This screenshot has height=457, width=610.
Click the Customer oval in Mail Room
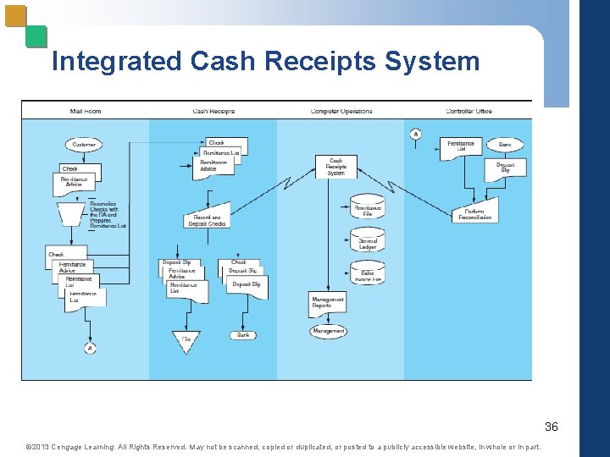(x=84, y=145)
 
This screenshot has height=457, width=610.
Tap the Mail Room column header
(x=86, y=111)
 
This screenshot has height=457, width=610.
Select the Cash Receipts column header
(x=213, y=111)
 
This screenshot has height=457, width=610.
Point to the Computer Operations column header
(x=341, y=111)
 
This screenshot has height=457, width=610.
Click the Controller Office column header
(x=469, y=111)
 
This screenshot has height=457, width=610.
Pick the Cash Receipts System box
(x=336, y=167)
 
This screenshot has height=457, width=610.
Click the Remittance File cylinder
(x=368, y=208)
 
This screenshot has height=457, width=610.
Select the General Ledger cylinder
(x=368, y=242)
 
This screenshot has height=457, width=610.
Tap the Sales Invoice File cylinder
(x=368, y=273)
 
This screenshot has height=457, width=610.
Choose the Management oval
(x=328, y=332)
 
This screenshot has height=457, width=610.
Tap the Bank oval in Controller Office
(x=505, y=145)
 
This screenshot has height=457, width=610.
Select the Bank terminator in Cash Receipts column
(x=243, y=335)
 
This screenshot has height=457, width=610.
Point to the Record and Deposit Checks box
(x=208, y=220)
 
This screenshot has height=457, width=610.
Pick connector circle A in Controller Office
(x=416, y=134)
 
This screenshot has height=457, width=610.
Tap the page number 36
(x=551, y=426)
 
